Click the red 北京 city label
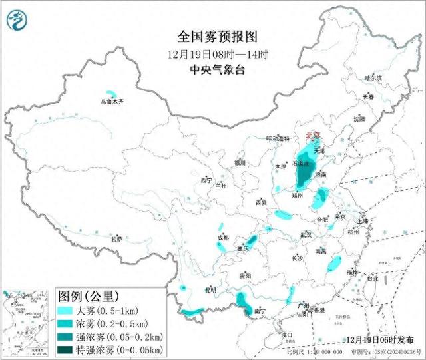point(312,136)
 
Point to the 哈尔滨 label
point(373,78)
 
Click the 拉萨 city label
point(117,238)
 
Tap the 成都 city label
point(222,238)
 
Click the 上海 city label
point(363,222)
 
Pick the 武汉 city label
point(306,234)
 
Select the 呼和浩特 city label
point(278,138)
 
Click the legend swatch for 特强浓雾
point(67,349)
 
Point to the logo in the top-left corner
point(15,21)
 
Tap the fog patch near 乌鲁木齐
point(111,94)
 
